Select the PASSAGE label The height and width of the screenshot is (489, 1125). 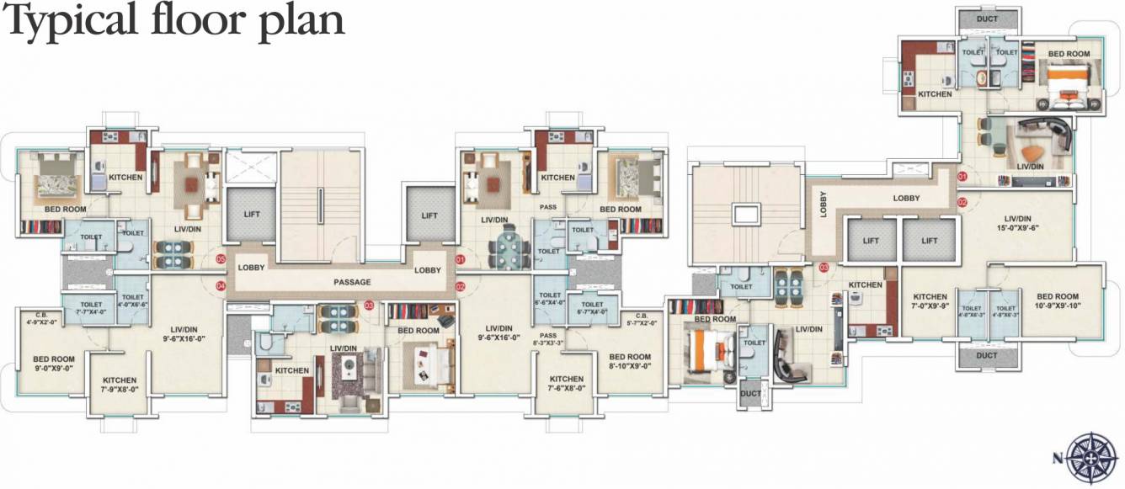click(352, 282)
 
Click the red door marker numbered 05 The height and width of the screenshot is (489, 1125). click(221, 259)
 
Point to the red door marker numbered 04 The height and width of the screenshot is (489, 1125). click(221, 286)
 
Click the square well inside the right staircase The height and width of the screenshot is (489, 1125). click(746, 214)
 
